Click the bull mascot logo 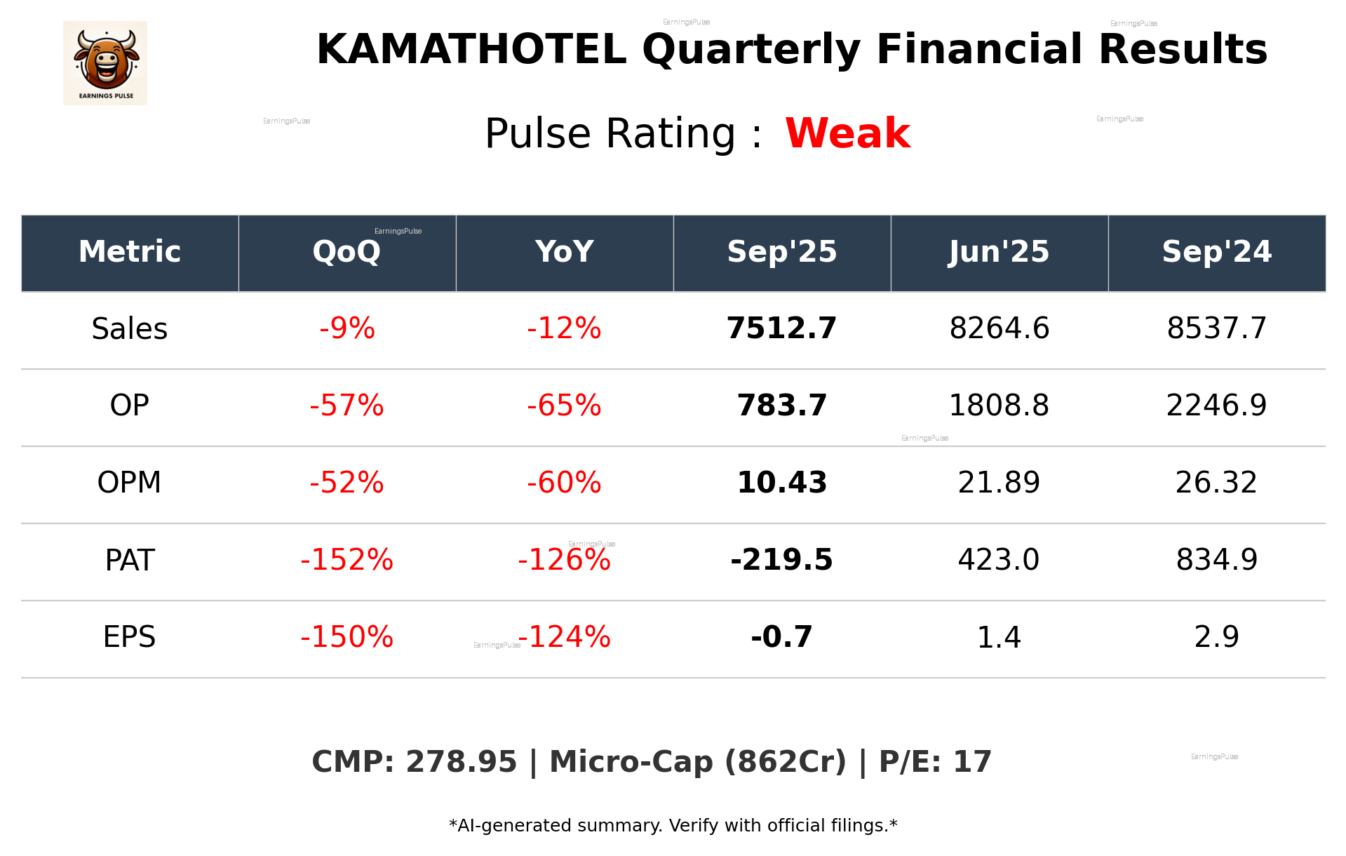tap(105, 62)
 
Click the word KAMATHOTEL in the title tap(471, 50)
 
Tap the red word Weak tap(847, 133)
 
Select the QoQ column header tap(346, 252)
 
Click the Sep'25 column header tap(781, 252)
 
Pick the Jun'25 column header tap(999, 252)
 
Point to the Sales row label tap(130, 329)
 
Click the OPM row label tap(130, 483)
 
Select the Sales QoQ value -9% tap(347, 329)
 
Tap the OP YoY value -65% tap(564, 406)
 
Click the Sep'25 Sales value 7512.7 tap(781, 329)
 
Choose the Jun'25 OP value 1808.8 tap(999, 406)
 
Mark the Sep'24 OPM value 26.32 tap(1216, 483)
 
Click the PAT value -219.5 tap(781, 560)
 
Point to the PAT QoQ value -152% tap(346, 560)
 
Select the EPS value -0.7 tap(781, 637)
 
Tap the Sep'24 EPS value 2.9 tap(1216, 637)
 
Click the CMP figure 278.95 tap(461, 762)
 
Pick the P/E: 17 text tap(935, 762)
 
